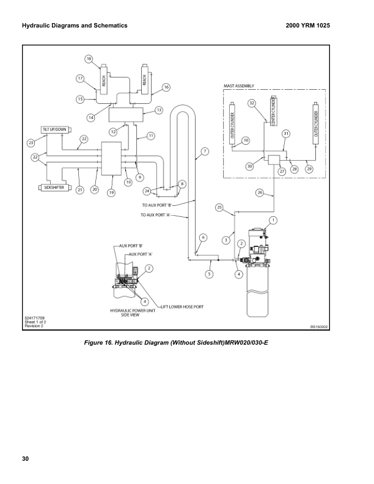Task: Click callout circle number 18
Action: pyautogui.click(x=89, y=59)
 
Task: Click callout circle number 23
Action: pyautogui.click(x=31, y=142)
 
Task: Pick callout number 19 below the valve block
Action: pyautogui.click(x=111, y=193)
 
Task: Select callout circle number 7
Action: pyautogui.click(x=205, y=151)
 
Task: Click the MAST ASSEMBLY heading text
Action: pyautogui.click(x=239, y=86)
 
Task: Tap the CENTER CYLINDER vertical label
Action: pyautogui.click(x=274, y=114)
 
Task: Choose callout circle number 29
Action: pyautogui.click(x=309, y=169)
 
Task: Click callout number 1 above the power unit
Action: pyautogui.click(x=273, y=219)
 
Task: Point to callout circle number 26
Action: pyautogui.click(x=259, y=192)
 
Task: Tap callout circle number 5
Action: pyautogui.click(x=209, y=274)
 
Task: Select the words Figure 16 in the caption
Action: pyautogui.click(x=99, y=342)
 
